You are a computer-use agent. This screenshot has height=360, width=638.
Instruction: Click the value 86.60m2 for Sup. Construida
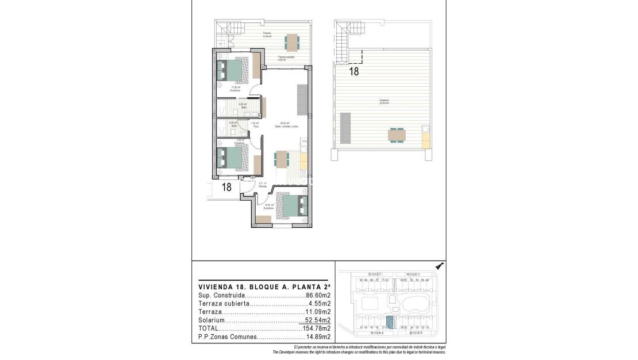pos(318,295)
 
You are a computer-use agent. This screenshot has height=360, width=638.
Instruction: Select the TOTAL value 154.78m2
pos(316,328)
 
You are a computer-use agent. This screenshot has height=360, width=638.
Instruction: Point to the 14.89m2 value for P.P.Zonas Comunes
pos(318,337)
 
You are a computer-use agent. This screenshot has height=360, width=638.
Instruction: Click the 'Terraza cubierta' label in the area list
pos(224,304)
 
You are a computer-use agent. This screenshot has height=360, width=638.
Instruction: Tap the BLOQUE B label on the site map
pos(416,332)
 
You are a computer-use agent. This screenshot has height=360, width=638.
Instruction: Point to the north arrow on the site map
pos(440,266)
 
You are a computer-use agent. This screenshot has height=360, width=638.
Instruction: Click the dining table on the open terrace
pos(293,41)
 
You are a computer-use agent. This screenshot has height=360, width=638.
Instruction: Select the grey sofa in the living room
pos(302,99)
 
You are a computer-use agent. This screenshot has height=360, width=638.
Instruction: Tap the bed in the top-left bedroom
pos(233,70)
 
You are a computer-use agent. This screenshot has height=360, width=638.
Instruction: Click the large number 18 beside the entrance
pos(226,187)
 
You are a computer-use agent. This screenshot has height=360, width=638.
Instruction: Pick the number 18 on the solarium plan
pos(354,72)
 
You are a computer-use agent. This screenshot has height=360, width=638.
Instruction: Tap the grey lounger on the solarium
pos(345,128)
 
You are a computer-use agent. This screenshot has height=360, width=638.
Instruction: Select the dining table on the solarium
pos(397,135)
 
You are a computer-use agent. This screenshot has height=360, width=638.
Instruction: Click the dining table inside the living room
pos(281,158)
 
